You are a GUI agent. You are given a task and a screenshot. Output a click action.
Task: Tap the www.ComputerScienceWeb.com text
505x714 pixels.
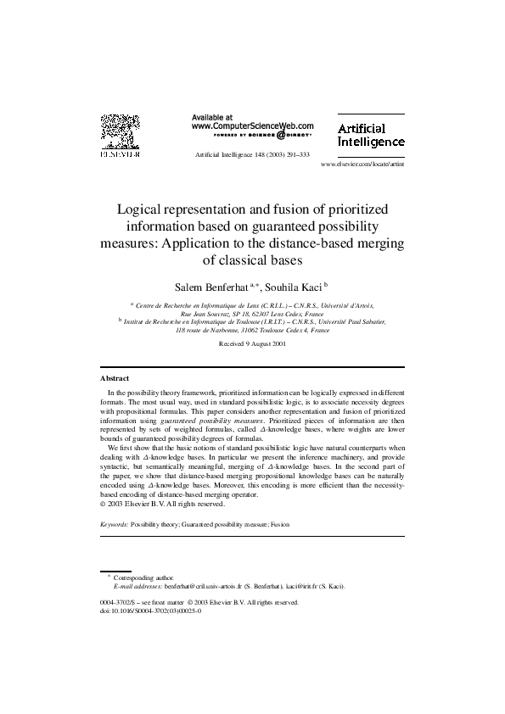(252, 126)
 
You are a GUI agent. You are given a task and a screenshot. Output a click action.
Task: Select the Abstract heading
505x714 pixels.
(115, 377)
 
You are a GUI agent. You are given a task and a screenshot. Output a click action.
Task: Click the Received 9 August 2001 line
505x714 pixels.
(251, 344)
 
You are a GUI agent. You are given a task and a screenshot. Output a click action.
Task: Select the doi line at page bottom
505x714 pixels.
(150, 610)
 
